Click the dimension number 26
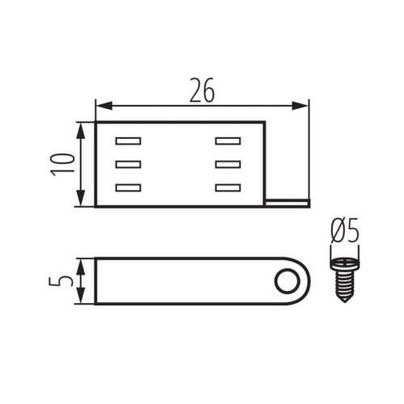[x=202, y=90]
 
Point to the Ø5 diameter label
[x=345, y=233]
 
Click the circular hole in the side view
[x=285, y=282]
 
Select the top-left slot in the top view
[x=128, y=141]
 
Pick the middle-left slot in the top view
[x=128, y=165]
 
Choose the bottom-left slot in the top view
[x=128, y=188]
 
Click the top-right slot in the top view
[x=228, y=141]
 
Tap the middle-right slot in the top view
[x=228, y=165]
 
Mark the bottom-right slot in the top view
[x=228, y=188]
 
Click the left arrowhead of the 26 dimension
[x=101, y=105]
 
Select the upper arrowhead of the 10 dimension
[x=80, y=127]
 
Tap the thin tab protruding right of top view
[x=288, y=202]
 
